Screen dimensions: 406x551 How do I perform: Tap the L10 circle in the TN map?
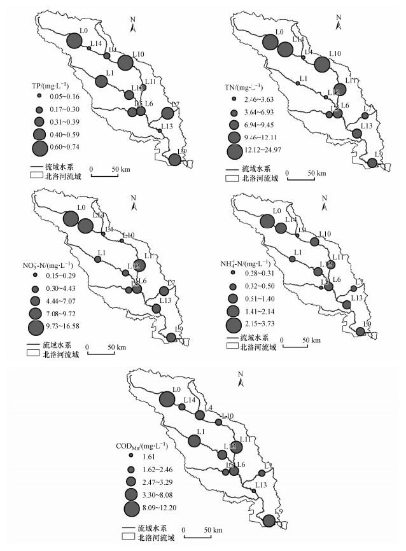[x=322, y=64]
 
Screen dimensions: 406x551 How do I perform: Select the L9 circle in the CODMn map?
[x=269, y=521]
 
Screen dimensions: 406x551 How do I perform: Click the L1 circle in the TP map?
[x=101, y=81]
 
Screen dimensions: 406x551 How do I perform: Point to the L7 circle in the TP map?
[x=167, y=113]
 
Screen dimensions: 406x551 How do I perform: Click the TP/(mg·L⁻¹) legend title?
[x=50, y=85]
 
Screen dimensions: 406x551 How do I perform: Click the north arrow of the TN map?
[x=340, y=26]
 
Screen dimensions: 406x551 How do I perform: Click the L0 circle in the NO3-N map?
[x=72, y=217]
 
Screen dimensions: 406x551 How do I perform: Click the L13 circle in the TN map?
[x=356, y=133]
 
